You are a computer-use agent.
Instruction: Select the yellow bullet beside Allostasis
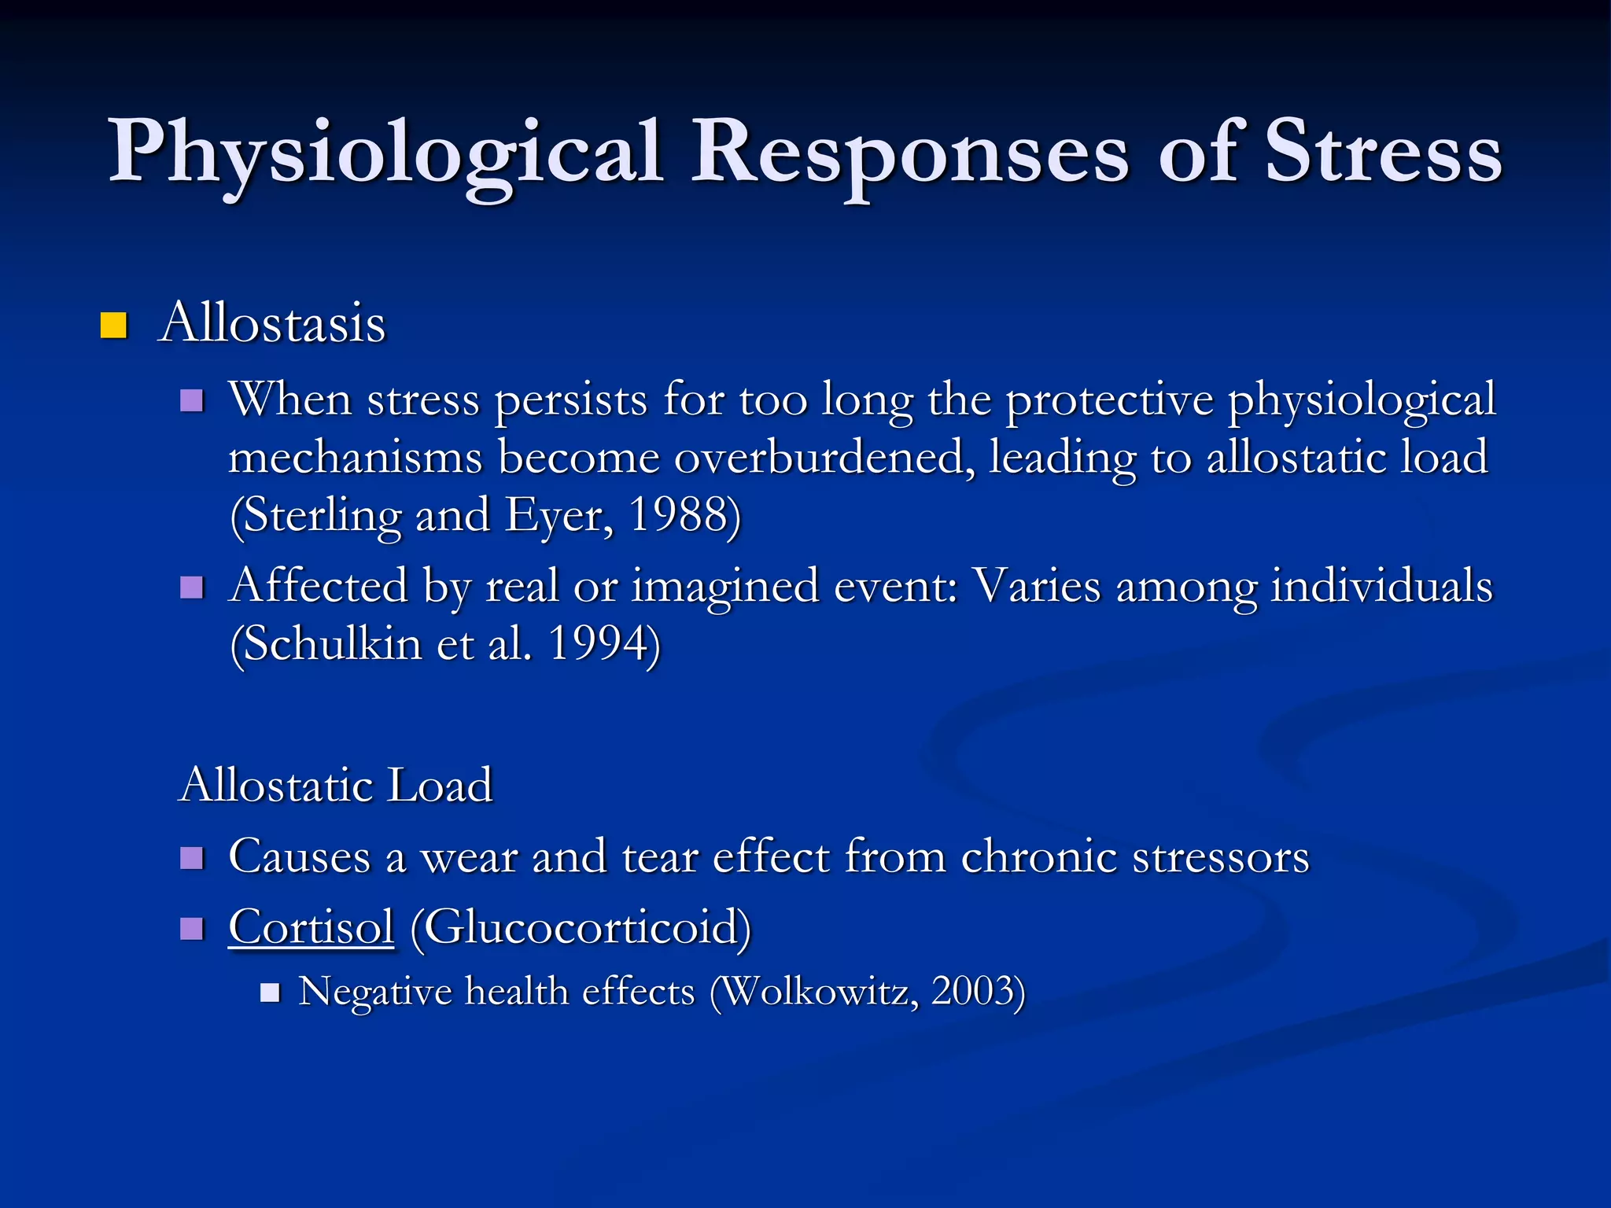click(114, 325)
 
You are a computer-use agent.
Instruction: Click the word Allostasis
click(272, 322)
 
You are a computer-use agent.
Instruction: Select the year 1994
click(601, 644)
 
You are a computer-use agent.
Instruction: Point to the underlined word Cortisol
click(311, 927)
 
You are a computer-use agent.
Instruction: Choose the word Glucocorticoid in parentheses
click(581, 927)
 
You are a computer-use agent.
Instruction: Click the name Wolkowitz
click(818, 992)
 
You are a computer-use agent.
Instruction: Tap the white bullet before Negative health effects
click(270, 993)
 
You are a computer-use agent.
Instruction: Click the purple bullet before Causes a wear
click(192, 857)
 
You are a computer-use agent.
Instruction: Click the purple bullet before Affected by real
click(192, 587)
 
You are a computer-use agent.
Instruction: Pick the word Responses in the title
click(909, 153)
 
